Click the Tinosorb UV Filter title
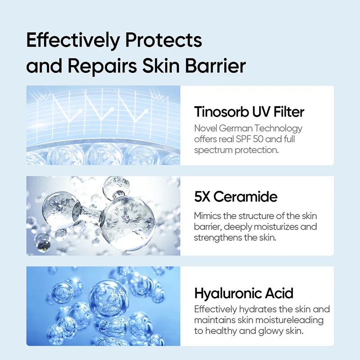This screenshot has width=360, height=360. pyautogui.click(x=249, y=111)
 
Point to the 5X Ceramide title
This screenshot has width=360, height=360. pyautogui.click(x=235, y=197)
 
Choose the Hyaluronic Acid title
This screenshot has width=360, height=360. pyautogui.click(x=243, y=293)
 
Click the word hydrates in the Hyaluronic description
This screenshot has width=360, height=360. pyautogui.click(x=255, y=309)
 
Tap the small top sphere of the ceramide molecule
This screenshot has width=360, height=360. pyautogui.click(x=116, y=187)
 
